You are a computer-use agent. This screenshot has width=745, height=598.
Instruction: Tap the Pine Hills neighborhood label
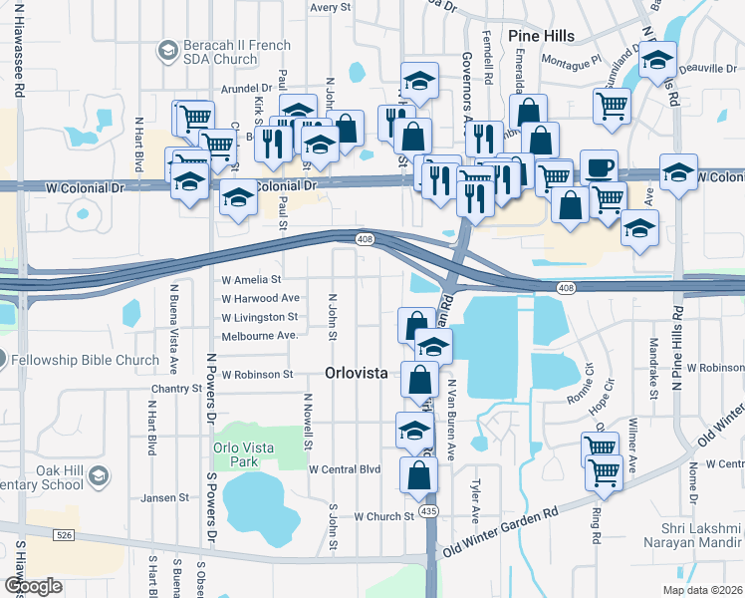(541, 36)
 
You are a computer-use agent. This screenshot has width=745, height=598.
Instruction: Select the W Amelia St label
(251, 280)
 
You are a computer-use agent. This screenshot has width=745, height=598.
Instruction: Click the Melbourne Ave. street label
(260, 336)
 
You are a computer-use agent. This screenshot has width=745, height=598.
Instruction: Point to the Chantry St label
(177, 389)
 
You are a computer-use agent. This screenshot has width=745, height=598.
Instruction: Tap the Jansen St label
(164, 497)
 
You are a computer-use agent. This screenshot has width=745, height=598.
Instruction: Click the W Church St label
(383, 516)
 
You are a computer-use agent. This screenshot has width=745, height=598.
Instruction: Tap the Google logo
(33, 586)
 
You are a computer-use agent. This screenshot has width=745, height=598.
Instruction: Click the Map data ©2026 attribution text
(701, 590)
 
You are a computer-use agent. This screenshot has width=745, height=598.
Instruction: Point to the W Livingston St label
(259, 317)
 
